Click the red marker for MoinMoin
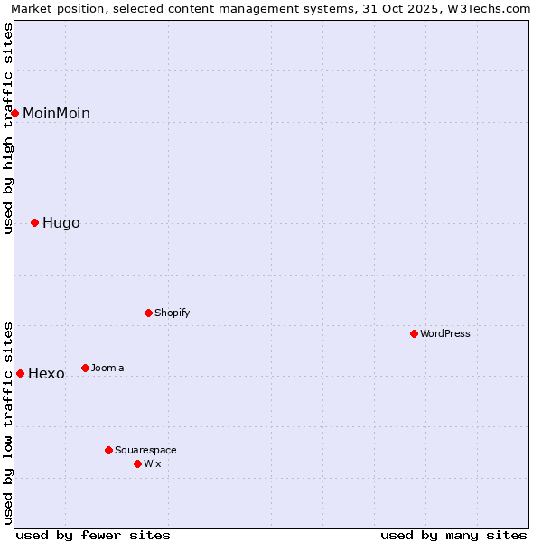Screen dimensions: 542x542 click(x=15, y=113)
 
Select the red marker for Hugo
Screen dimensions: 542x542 click(x=35, y=222)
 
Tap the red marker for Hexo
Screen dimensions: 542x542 click(x=20, y=373)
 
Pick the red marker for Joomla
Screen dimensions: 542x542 click(x=85, y=368)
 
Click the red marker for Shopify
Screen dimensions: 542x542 click(x=149, y=313)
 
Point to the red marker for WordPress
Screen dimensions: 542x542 click(x=415, y=333)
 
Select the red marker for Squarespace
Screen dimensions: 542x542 click(x=108, y=450)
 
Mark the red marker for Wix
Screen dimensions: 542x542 click(x=137, y=463)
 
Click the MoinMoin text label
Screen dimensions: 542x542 click(x=56, y=113)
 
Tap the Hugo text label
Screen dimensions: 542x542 click(x=61, y=223)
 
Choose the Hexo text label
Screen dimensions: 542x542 click(x=46, y=374)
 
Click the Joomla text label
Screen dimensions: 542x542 click(x=107, y=368)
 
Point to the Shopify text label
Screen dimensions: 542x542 click(x=172, y=313)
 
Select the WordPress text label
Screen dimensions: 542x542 click(x=445, y=333)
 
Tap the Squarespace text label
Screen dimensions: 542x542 click(x=145, y=450)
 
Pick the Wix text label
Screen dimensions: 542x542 click(x=152, y=463)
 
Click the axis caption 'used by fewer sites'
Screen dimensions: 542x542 click(x=93, y=535)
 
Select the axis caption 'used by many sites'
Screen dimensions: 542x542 click(x=453, y=535)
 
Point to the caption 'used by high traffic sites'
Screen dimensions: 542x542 click(x=9, y=128)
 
